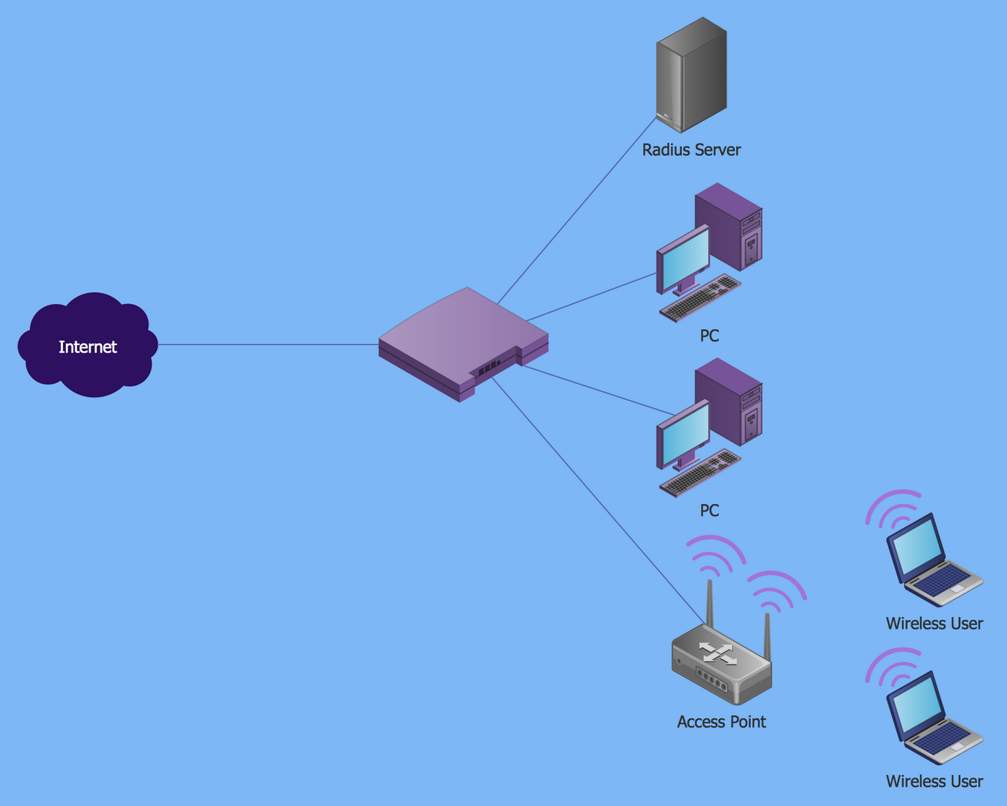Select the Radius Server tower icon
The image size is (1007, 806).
click(x=691, y=75)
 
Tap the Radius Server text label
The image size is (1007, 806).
click(x=691, y=150)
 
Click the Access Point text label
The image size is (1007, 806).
click(x=721, y=722)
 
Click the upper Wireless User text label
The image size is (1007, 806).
click(x=934, y=624)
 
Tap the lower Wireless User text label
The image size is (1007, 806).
click(x=934, y=781)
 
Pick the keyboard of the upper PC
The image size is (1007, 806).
click(x=700, y=298)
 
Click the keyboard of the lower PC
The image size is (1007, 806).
click(x=700, y=473)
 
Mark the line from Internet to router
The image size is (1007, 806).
click(x=267, y=344)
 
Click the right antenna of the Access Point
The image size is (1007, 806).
click(x=768, y=636)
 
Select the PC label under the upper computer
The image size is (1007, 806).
click(x=710, y=336)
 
